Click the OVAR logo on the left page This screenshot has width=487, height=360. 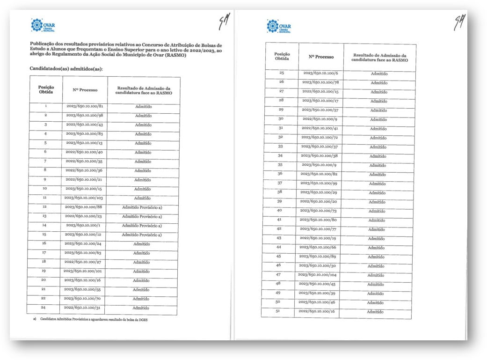pyautogui.click(x=43, y=24)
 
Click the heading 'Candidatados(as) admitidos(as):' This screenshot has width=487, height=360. pyautogui.click(x=66, y=68)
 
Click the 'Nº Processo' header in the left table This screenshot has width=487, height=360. pyautogui.click(x=85, y=89)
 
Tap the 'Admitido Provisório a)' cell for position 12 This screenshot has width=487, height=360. pyautogui.click(x=142, y=207)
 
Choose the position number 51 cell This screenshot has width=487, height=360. pyautogui.click(x=278, y=311)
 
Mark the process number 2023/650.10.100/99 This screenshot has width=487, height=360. pyautogui.click(x=319, y=183)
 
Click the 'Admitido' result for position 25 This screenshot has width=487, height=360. pyautogui.click(x=379, y=73)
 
